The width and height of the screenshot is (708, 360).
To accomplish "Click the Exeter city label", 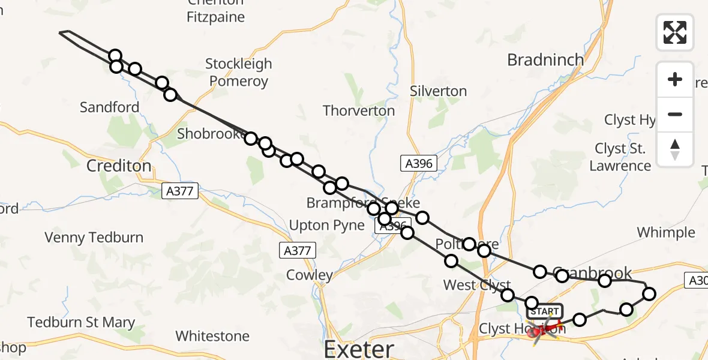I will pyautogui.click(x=359, y=348).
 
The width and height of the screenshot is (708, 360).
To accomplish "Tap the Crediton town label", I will pyautogui.click(x=119, y=166).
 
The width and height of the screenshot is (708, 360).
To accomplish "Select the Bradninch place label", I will pyautogui.click(x=545, y=60).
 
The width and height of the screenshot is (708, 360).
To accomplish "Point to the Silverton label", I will pyautogui.click(x=438, y=91).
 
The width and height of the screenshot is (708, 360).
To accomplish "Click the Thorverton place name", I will pyautogui.click(x=359, y=111).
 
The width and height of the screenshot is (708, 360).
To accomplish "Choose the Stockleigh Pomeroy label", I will pyautogui.click(x=238, y=72).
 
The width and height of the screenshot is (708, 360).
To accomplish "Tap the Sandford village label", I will pyautogui.click(x=109, y=107).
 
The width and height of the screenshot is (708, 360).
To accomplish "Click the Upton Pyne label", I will pyautogui.click(x=326, y=226).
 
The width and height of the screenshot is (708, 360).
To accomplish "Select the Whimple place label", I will pyautogui.click(x=666, y=232).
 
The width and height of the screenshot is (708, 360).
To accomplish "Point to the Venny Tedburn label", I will pyautogui.click(x=94, y=238).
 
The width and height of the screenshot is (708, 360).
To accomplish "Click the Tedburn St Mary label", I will pyautogui.click(x=81, y=323).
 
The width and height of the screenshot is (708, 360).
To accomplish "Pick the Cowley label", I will pyautogui.click(x=310, y=275).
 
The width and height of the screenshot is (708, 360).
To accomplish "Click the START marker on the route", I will pyautogui.click(x=544, y=311).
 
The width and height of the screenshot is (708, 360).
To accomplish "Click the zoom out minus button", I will pyautogui.click(x=675, y=114).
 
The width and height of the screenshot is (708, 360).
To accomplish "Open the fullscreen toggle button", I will pyautogui.click(x=675, y=32).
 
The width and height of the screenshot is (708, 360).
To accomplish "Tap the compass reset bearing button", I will pyautogui.click(x=675, y=149).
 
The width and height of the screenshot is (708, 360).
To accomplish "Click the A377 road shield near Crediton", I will pyautogui.click(x=179, y=191).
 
